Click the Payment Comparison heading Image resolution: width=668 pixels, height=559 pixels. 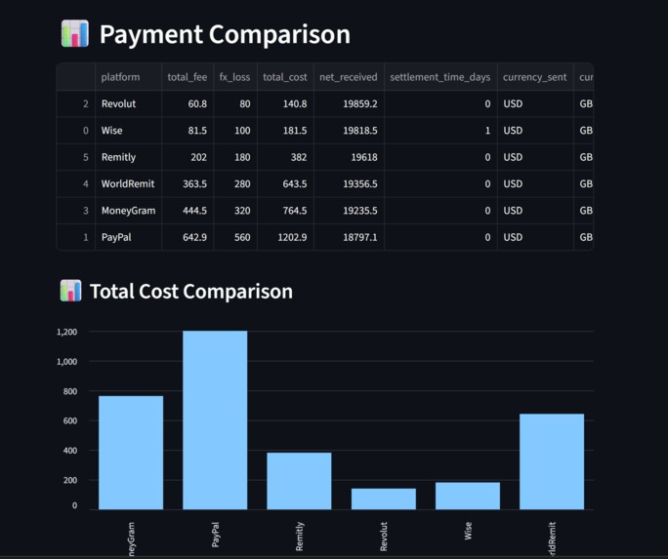coord(224,34)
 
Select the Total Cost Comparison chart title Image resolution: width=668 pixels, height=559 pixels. coord(190,291)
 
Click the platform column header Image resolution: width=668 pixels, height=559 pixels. coord(120,77)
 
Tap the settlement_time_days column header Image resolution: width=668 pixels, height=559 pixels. coord(439,77)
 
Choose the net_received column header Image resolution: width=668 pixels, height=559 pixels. coord(348,77)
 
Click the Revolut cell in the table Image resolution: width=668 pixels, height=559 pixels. coord(118,103)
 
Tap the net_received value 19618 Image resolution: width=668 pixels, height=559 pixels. coord(360,157)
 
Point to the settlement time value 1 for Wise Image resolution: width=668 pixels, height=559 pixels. coord(487,130)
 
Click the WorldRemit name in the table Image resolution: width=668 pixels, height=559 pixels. coord(128,183)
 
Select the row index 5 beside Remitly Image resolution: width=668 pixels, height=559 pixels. coord(86,157)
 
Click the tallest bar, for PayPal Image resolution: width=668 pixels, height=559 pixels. coord(215,419)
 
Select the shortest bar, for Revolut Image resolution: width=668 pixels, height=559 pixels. coord(383,499)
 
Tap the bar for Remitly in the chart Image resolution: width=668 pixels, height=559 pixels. coord(299,481)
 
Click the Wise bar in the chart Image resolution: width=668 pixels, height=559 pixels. coord(468,496)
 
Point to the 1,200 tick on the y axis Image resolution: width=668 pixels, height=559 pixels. coord(66,332)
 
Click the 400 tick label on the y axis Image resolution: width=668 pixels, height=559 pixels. coord(70,451)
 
